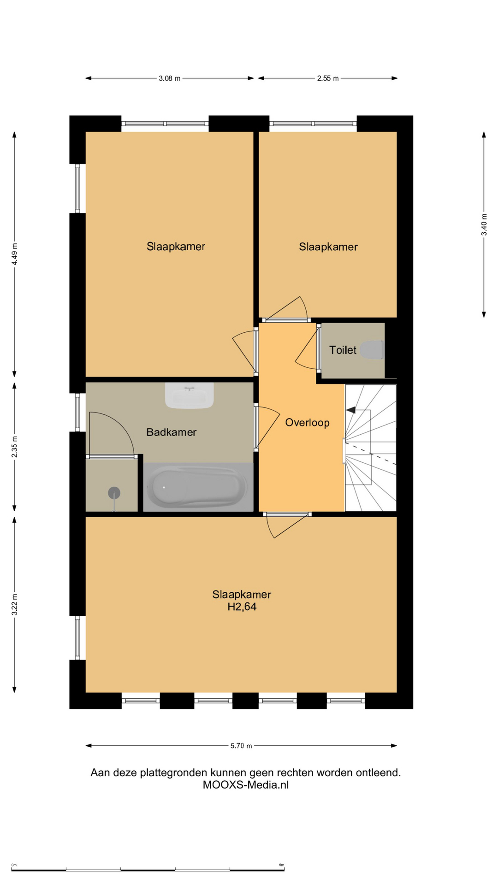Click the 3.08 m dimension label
[170, 78]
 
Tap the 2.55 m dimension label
[328, 78]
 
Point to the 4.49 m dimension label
[15, 254]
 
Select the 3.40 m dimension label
[484, 224]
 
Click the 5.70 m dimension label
[241, 745]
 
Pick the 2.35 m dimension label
[15, 447]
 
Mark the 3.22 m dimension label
[15, 604]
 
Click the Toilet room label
[343, 350]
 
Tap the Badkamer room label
[171, 432]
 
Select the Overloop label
[307, 423]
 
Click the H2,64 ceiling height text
[242, 607]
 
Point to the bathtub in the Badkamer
[197, 486]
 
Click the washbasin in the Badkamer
[190, 395]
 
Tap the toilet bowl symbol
[372, 350]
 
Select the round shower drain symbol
[114, 493]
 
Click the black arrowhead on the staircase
[350, 410]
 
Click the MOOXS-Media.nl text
[246, 785]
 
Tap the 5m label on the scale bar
[281, 865]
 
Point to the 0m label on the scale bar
[14, 865]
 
